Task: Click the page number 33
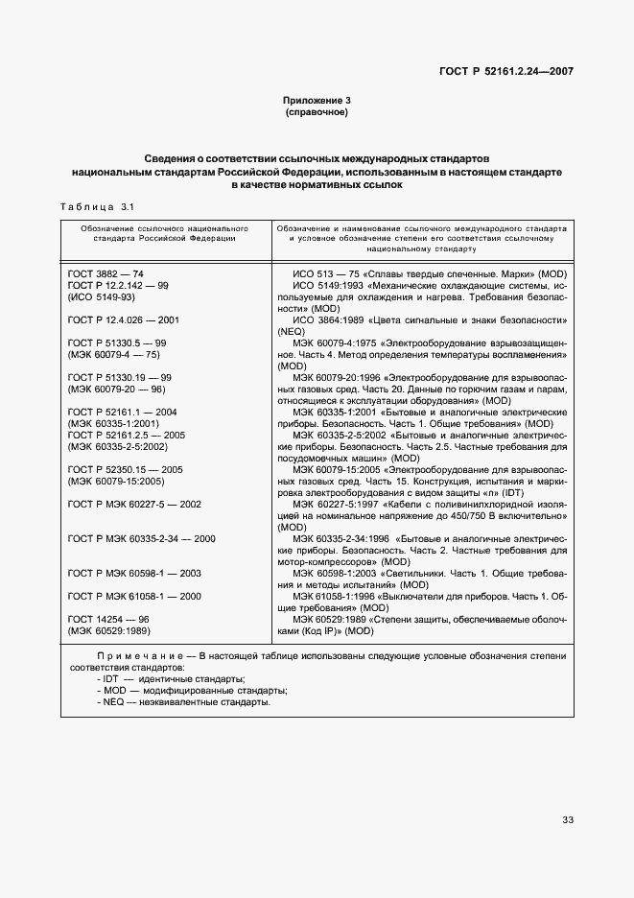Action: [567, 819]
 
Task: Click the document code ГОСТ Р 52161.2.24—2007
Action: [505, 71]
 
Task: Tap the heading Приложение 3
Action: [317, 101]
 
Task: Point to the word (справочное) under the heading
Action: [317, 112]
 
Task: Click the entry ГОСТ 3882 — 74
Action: [106, 273]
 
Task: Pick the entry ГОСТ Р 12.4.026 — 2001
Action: [126, 319]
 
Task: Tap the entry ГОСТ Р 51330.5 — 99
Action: [118, 342]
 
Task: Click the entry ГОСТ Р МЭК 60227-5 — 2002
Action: [134, 504]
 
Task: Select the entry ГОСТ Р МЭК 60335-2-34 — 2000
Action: [141, 538]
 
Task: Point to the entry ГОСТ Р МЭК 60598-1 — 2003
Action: [134, 572]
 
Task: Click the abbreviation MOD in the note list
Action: [113, 691]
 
